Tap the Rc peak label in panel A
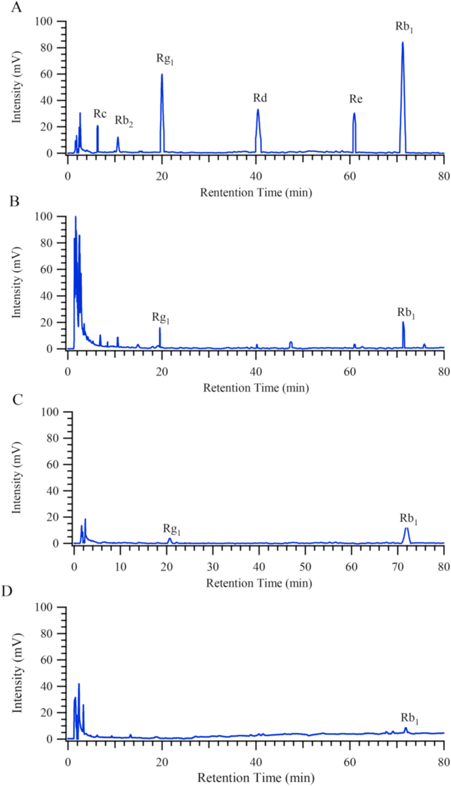tap(100, 113)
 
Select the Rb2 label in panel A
tap(124, 121)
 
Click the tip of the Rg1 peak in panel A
tap(162, 74)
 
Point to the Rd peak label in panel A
tap(260, 98)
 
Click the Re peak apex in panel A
tap(354, 113)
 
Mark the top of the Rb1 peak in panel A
tap(402, 43)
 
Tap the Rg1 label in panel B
tap(161, 317)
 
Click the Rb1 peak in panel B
tap(403, 323)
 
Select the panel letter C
tap(5, 397)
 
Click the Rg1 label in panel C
tap(172, 529)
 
